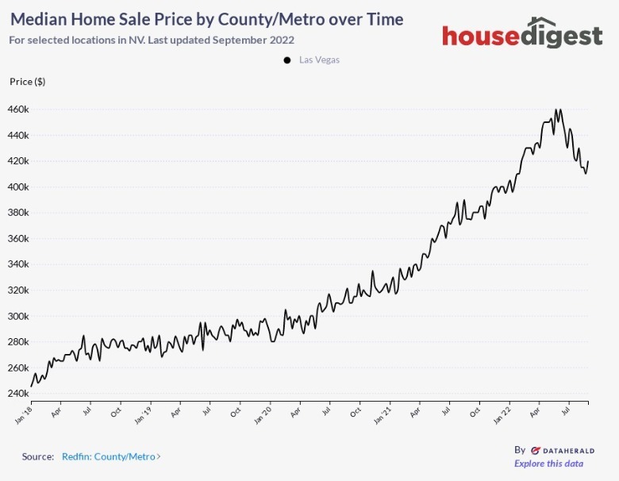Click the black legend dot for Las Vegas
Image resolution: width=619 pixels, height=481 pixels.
click(286, 60)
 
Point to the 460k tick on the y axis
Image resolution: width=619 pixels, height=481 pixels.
click(19, 109)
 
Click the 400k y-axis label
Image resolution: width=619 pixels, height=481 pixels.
click(19, 187)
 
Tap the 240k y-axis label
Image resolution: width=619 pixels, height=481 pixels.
click(19, 394)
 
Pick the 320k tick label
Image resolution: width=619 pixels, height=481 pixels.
click(19, 290)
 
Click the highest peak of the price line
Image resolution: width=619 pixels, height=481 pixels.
click(556, 110)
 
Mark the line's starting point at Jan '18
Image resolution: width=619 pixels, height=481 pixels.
click(32, 386)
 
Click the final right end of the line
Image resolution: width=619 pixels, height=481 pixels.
click(588, 162)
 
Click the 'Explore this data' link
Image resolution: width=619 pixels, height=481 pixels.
click(548, 464)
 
